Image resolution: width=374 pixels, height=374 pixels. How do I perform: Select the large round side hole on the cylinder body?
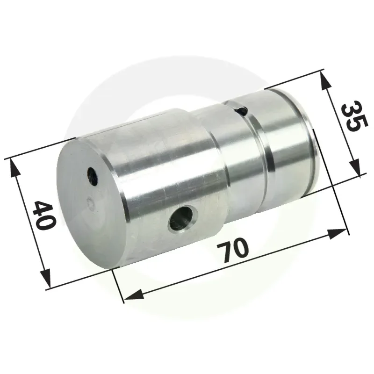tap(183, 217)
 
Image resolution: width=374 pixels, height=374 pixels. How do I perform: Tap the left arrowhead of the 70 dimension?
tap(134, 295)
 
